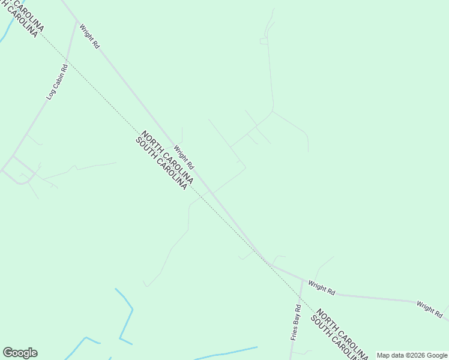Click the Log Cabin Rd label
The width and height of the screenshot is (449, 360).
pos(58,82)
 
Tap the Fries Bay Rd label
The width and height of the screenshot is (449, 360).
pos(295,323)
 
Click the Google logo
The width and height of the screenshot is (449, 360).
pos(20,353)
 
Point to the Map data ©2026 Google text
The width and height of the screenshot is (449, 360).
pos(412,355)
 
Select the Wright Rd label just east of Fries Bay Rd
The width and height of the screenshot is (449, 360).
pos(321,287)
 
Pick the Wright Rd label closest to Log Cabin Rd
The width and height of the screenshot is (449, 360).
pos(88,36)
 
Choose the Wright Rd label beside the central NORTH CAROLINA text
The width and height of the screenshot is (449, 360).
pos(184,157)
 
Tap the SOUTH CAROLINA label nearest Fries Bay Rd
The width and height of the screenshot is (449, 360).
pos(334,339)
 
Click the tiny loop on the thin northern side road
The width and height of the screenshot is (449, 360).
pos(264,41)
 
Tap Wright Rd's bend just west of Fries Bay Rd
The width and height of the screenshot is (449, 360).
pos(270,265)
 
